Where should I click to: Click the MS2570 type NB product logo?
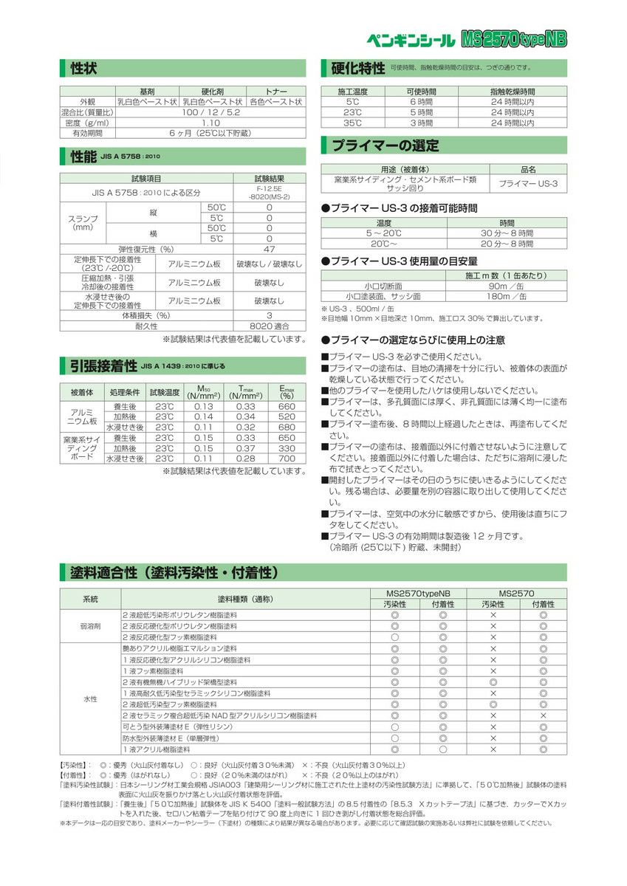[x=514, y=39]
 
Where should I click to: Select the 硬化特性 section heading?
[x=358, y=69]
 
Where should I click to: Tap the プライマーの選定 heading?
[x=385, y=145]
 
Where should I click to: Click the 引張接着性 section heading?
[x=103, y=365]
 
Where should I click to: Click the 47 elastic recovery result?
[x=269, y=250]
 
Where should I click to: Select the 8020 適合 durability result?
[x=269, y=326]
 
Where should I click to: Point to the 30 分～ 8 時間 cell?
[x=507, y=233]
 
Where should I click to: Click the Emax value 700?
[x=286, y=459]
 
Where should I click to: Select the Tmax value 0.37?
[x=246, y=448]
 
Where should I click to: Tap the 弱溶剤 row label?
[x=90, y=625]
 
